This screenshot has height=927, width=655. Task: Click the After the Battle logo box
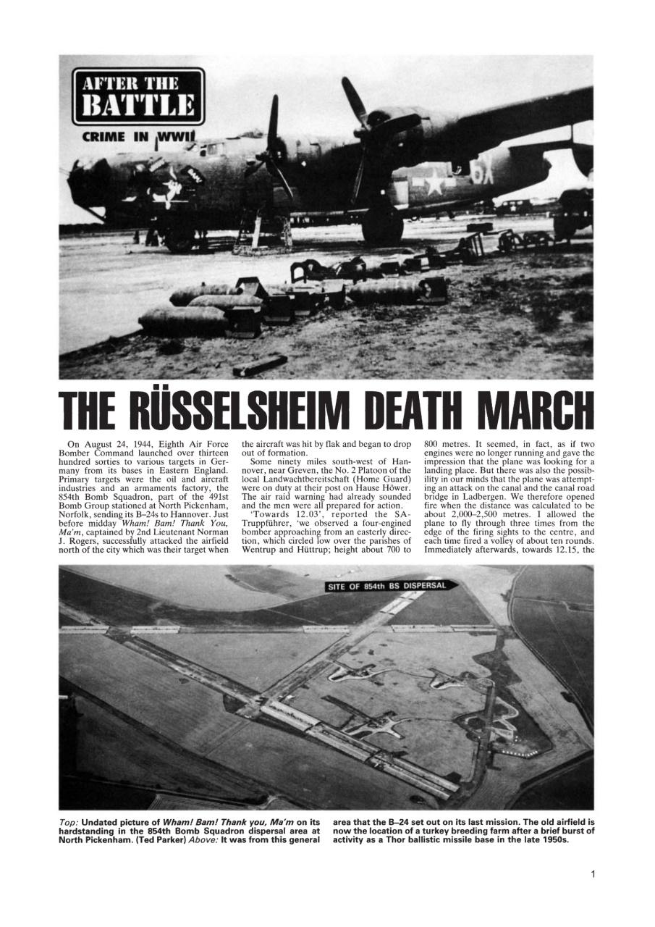pyautogui.click(x=138, y=96)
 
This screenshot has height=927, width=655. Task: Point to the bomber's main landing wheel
pyautogui.click(x=382, y=225)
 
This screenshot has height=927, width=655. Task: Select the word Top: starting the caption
pyautogui.click(x=70, y=823)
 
